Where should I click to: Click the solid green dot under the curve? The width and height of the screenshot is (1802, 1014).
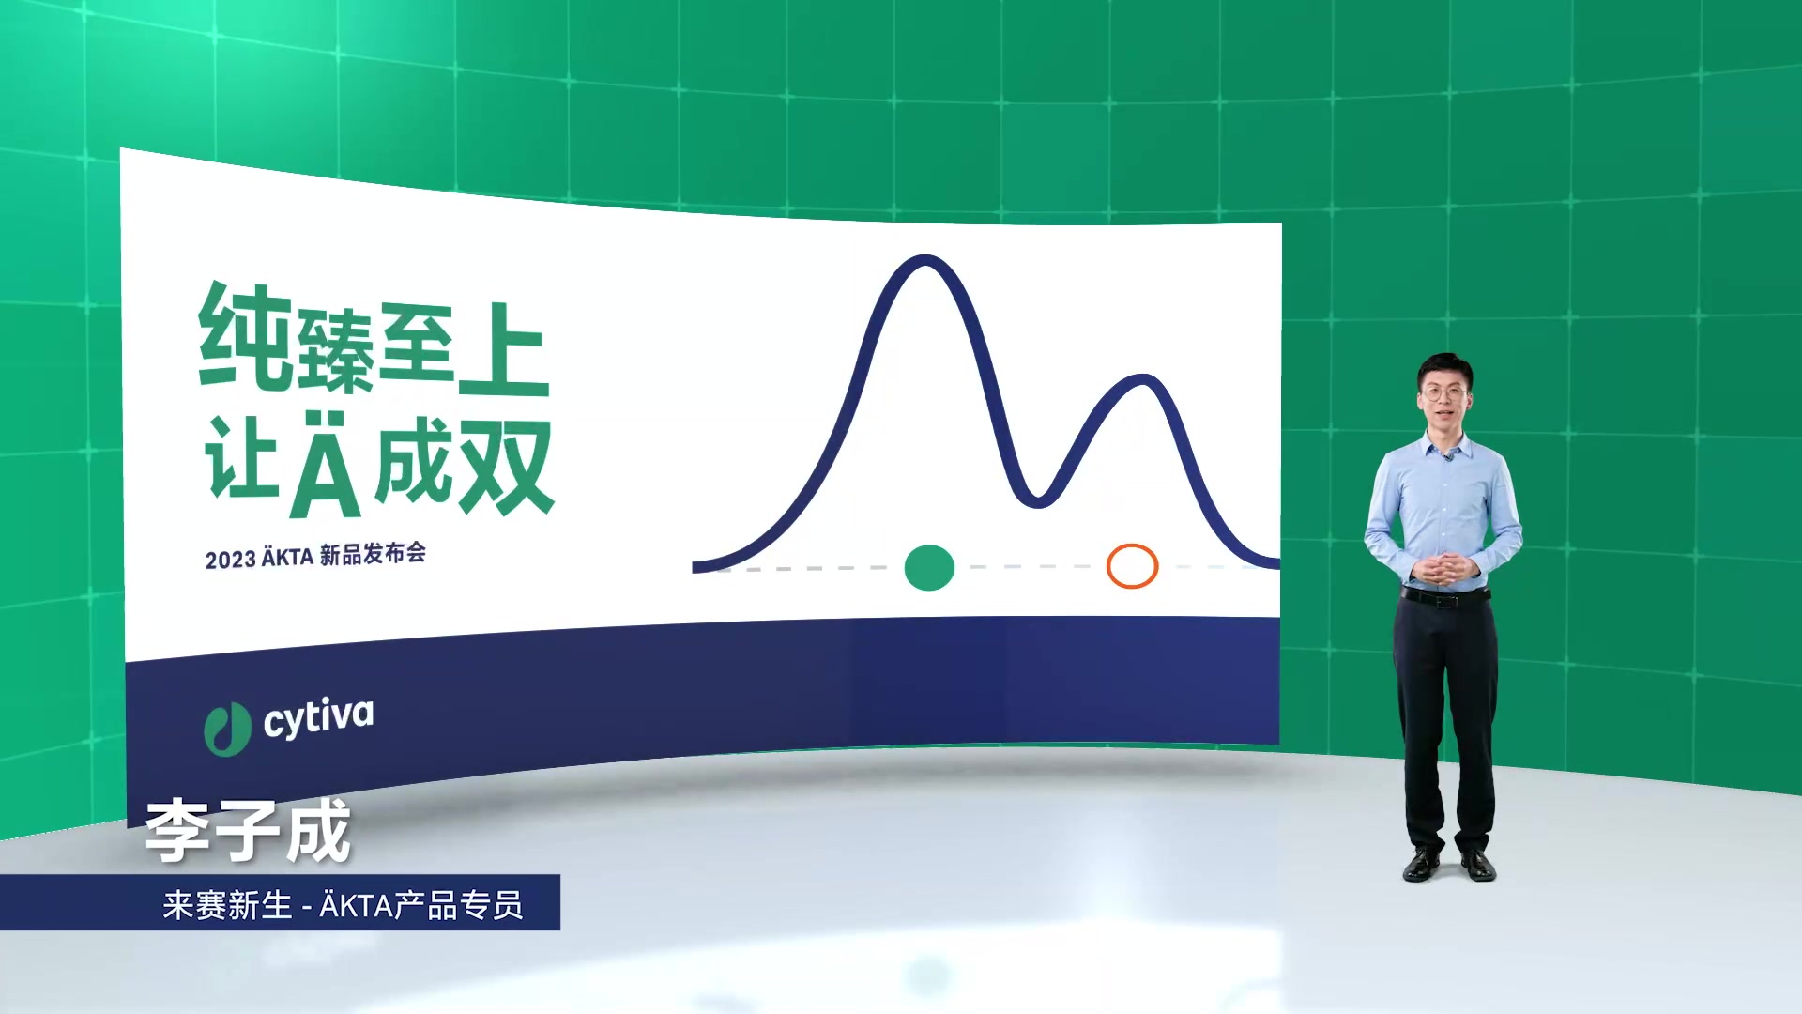(929, 567)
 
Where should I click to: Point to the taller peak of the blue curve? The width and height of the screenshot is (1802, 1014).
(925, 260)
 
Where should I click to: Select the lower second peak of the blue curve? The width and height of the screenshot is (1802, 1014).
(1142, 379)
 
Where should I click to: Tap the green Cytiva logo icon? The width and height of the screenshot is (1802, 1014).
(227, 729)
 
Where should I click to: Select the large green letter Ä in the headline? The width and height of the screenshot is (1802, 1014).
(325, 464)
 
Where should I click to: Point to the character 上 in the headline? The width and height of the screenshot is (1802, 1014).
(503, 349)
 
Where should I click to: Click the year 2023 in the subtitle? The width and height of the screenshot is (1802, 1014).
(230, 560)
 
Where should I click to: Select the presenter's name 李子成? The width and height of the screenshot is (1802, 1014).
(249, 831)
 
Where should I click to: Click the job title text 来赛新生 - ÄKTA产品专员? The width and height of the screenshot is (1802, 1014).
(343, 905)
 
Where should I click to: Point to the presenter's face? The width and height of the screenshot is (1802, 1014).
(1444, 396)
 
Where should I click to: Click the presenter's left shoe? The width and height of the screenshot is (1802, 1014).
(1477, 865)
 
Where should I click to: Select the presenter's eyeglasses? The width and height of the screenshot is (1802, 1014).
(1444, 392)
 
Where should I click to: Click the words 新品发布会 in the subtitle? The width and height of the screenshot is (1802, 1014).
(373, 554)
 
